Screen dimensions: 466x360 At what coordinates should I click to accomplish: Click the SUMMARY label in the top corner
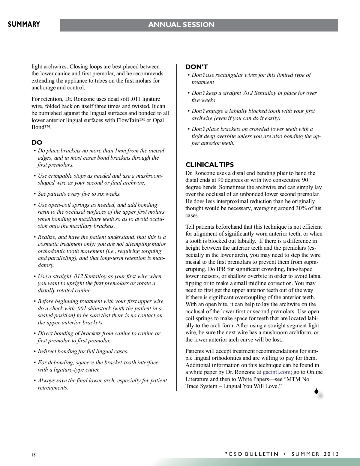24,24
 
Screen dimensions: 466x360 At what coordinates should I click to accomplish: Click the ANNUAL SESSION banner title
181,25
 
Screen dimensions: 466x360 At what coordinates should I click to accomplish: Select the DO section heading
37,143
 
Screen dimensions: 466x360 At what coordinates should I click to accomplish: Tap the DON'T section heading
196,67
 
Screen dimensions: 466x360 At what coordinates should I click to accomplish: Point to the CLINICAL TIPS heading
209,165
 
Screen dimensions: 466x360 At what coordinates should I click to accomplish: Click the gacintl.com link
276,372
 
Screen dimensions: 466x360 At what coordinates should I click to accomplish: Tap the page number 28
34,454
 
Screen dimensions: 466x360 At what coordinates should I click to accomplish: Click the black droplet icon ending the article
316,391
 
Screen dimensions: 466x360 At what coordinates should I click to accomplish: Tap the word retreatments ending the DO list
53,388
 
